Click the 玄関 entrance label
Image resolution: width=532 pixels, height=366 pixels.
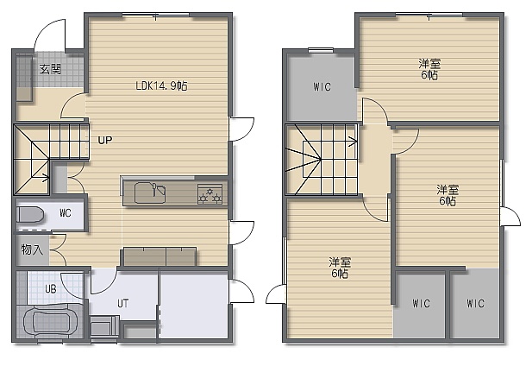point(50,69)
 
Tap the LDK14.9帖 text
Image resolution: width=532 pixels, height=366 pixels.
point(161,85)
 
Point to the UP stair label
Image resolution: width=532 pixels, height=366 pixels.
point(105,140)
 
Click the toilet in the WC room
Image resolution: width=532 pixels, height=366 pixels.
point(30,215)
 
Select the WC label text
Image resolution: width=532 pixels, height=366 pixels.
point(66,213)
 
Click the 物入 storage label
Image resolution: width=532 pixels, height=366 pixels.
point(32,249)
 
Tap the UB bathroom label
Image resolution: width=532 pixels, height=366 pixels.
point(51,289)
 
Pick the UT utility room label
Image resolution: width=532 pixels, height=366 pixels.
point(122,303)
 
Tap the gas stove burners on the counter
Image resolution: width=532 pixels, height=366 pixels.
point(210,194)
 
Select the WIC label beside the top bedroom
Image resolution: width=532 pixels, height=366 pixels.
point(322,87)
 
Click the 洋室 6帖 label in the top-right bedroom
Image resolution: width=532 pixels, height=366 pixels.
point(429,69)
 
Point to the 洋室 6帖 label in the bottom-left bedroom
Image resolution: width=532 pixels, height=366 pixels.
point(340,268)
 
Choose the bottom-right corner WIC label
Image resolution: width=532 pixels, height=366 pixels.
point(475,303)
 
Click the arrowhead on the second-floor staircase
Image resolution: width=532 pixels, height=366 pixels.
point(354,142)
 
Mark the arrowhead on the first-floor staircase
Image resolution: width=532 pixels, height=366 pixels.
point(47,177)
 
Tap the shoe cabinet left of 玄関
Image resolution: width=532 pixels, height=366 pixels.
point(24,78)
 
